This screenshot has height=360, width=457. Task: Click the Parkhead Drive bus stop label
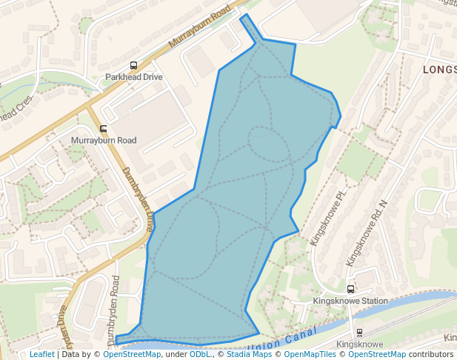[133, 77]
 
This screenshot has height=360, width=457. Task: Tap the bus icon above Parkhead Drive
[133, 65]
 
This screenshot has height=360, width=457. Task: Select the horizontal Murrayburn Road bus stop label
[104, 140]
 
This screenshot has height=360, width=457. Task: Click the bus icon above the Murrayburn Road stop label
[103, 128]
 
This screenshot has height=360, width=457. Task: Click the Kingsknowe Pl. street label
[330, 219]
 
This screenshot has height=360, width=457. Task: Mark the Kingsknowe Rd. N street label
[367, 233]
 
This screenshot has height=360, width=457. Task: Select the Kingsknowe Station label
[350, 301]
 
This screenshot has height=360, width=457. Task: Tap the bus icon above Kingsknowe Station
[350, 289]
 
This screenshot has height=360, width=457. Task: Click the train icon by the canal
[359, 333]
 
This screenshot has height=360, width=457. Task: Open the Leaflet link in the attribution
[42, 355]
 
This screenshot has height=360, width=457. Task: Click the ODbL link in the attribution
[200, 355]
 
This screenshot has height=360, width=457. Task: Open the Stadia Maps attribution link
[249, 355]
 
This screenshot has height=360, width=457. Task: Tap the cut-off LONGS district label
[439, 70]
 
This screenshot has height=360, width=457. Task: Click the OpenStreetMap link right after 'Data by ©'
[132, 355]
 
